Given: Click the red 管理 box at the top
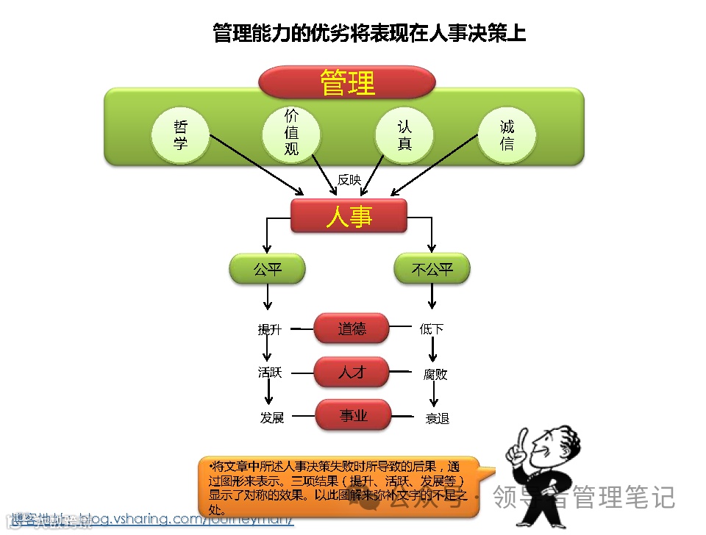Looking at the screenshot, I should point(347,82).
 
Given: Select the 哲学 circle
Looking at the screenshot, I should point(180,136).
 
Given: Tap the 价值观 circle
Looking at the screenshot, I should point(291,133).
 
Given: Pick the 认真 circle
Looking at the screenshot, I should point(404,135).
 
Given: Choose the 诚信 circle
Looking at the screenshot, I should point(507,136).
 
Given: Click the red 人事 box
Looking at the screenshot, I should point(349,216).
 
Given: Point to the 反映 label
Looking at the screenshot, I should point(349,179).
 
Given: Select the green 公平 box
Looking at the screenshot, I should point(268,270).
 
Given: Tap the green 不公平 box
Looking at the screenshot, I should point(432,270).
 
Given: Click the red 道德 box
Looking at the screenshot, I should point(352,328).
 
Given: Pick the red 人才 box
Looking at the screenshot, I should point(352,373).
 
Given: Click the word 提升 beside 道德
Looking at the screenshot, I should point(269,330).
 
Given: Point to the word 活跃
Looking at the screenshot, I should point(270,373).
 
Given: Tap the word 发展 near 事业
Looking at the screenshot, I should point(271,417).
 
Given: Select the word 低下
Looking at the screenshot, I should point(432,329).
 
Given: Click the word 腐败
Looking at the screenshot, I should point(435,374).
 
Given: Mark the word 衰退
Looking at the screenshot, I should point(437,418).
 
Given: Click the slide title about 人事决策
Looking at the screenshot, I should point(369,34).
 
